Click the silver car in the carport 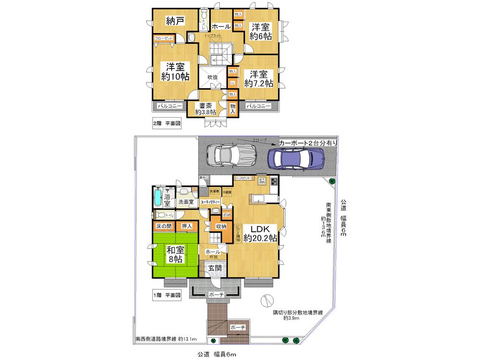[x=230, y=155]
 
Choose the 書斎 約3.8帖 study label [x=205, y=108]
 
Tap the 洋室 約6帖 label [x=262, y=32]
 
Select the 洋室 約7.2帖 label [x=258, y=78]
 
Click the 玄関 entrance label [x=215, y=268]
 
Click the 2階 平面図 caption [x=166, y=123]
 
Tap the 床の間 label [x=163, y=226]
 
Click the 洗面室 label [x=186, y=203]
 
